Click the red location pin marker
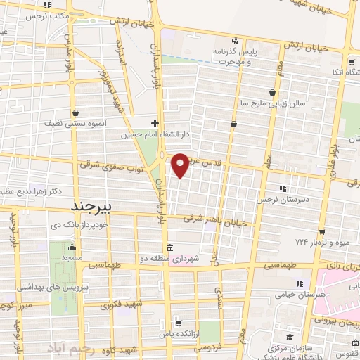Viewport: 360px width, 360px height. (181, 165)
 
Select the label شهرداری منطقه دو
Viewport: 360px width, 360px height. (173, 259)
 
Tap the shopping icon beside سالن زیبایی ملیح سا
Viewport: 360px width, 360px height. (272, 92)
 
